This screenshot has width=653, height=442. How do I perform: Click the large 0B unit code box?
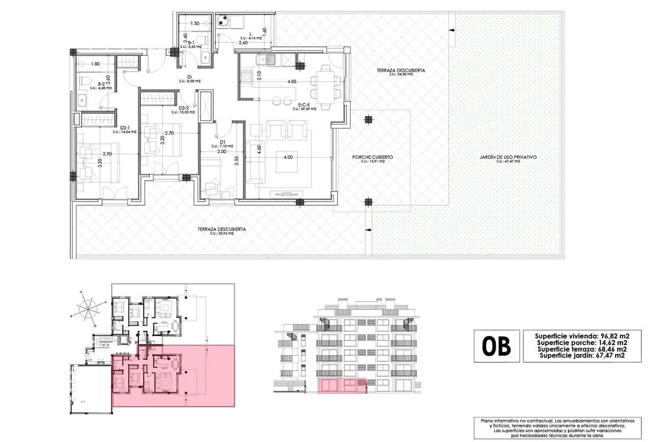496,346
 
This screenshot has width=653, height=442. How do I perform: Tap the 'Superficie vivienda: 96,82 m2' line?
582,336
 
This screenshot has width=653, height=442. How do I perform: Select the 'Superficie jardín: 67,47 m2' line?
582,356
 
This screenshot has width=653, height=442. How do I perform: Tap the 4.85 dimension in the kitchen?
292,82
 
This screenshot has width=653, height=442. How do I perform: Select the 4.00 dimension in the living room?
287,157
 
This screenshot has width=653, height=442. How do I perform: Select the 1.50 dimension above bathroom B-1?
194,23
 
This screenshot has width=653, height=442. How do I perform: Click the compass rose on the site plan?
88,309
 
